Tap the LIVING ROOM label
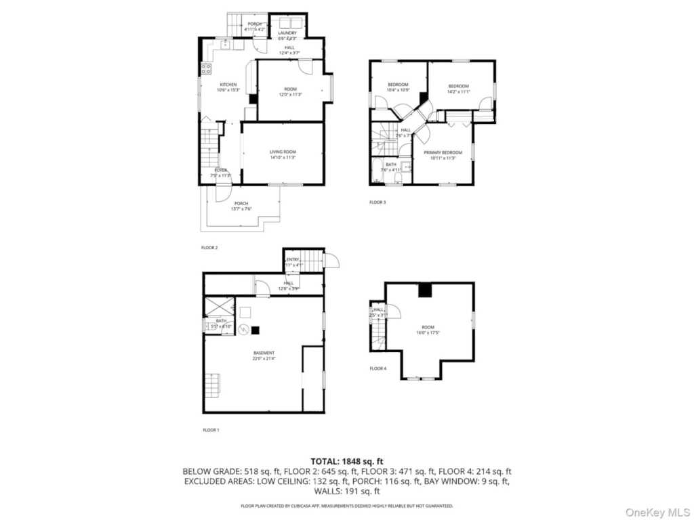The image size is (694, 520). (x=283, y=152)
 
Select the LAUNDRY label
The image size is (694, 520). (x=287, y=32)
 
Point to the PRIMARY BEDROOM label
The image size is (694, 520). (x=443, y=152)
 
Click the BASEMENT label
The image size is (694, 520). (x=264, y=353)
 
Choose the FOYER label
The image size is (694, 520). (x=221, y=170)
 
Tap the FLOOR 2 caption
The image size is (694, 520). (x=209, y=248)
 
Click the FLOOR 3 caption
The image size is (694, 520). (x=377, y=202)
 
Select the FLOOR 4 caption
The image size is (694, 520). (x=378, y=368)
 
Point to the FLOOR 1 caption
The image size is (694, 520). (x=211, y=430)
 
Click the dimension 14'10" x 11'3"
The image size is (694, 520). (x=283, y=158)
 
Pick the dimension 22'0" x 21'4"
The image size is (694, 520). (x=264, y=359)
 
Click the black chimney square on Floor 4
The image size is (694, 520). (x=426, y=290)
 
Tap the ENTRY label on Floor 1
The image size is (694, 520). (x=293, y=259)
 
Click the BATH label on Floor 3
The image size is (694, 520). (x=391, y=164)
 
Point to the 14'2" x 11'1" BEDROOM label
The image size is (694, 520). (x=459, y=86)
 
